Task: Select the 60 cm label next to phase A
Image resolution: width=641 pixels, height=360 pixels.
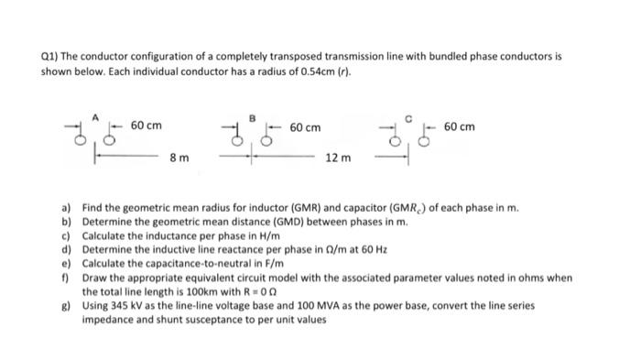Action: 147,125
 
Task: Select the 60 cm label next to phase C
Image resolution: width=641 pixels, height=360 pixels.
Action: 459,126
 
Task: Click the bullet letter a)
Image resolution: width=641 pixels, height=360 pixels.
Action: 67,208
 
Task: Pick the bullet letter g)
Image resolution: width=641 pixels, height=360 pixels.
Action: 67,305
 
